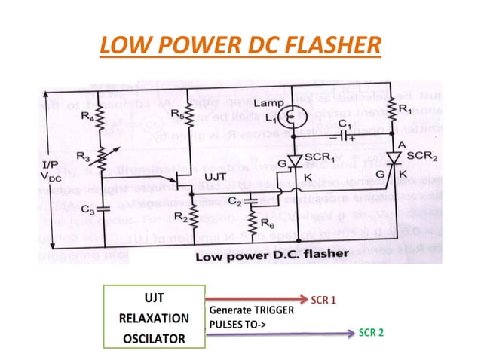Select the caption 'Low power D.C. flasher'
coord(271,256)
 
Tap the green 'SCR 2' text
coord(371,332)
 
